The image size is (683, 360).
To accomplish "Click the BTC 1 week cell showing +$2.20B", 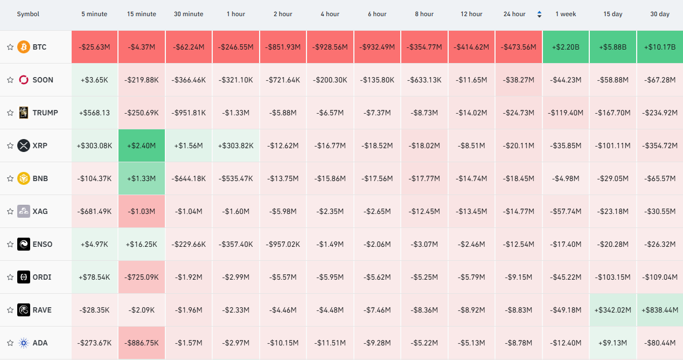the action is click(566, 47).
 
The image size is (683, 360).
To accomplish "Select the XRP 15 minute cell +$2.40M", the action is click(142, 146).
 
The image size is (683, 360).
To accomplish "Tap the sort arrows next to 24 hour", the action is click(539, 14).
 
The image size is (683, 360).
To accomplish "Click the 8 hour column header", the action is click(424, 14).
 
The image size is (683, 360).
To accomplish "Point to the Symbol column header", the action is click(28, 14).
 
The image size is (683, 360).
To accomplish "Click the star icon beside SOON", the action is click(10, 80).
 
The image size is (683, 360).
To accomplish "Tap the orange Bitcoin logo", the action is click(24, 47).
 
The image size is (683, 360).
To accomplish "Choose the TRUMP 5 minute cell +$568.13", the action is click(94, 113).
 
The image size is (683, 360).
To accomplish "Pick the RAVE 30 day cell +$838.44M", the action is click(660, 310).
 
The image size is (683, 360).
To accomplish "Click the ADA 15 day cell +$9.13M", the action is click(612, 343).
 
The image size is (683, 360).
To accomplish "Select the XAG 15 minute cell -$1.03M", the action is click(142, 211).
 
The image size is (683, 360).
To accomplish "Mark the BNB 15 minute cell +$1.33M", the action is click(142, 178).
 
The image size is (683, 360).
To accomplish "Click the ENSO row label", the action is click(43, 244).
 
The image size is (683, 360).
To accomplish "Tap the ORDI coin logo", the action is click(24, 277).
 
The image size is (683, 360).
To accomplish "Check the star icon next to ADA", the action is click(10, 343).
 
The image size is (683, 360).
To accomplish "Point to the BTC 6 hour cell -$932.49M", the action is click(377, 47).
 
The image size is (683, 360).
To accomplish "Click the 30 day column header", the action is click(660, 14).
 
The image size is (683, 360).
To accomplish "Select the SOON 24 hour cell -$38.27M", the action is click(518, 80).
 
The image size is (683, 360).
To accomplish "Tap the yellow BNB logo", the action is click(24, 178).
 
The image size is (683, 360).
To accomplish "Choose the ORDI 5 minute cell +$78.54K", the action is click(94, 277).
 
